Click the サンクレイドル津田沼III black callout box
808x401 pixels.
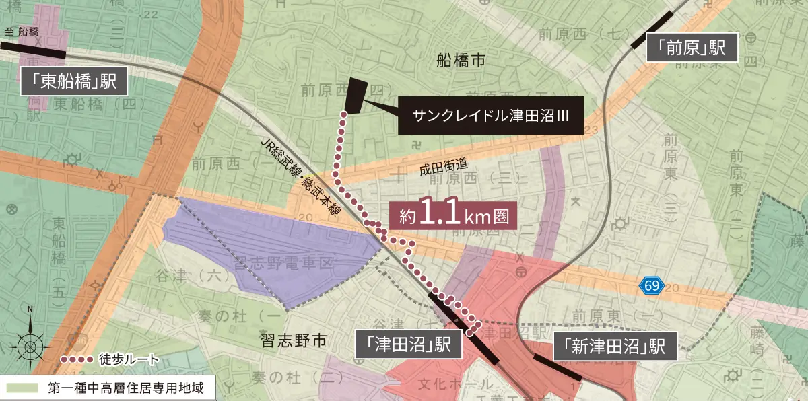pyautogui.click(x=491, y=115)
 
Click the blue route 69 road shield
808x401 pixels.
pyautogui.click(x=651, y=286)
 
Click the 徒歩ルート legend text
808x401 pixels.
pyautogui.click(x=129, y=359)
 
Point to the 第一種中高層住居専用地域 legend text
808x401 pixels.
pyautogui.click(x=121, y=388)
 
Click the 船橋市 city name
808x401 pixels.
pyautogui.click(x=460, y=61)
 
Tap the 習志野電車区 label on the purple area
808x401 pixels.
pyautogui.click(x=282, y=263)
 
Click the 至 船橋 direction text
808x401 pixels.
pyautogui.click(x=22, y=32)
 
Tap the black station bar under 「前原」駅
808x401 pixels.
pyautogui.click(x=652, y=31)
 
